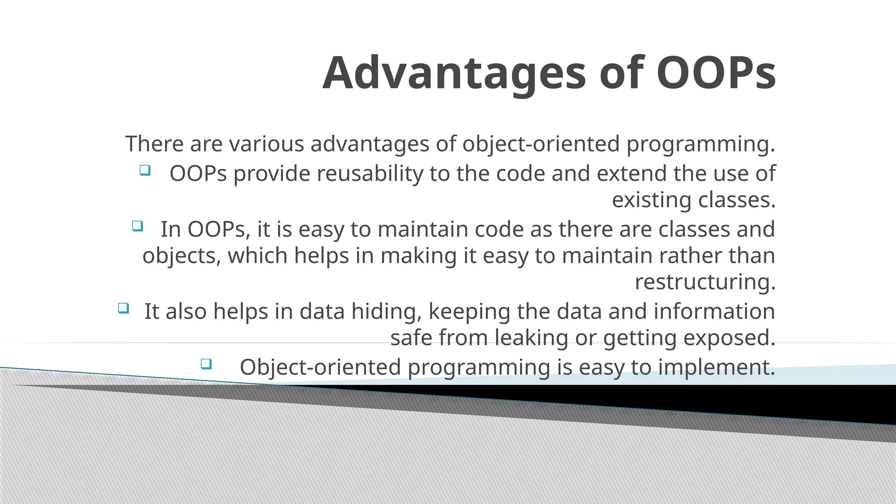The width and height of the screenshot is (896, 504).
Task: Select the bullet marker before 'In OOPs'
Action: [137, 226]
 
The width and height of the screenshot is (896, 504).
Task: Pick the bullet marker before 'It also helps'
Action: [123, 308]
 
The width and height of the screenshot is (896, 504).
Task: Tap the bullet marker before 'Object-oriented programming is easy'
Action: [206, 364]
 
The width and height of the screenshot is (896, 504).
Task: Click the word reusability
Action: [370, 173]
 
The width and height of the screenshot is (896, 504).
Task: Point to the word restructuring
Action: [705, 282]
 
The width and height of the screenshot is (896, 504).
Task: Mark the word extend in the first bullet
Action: [632, 173]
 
